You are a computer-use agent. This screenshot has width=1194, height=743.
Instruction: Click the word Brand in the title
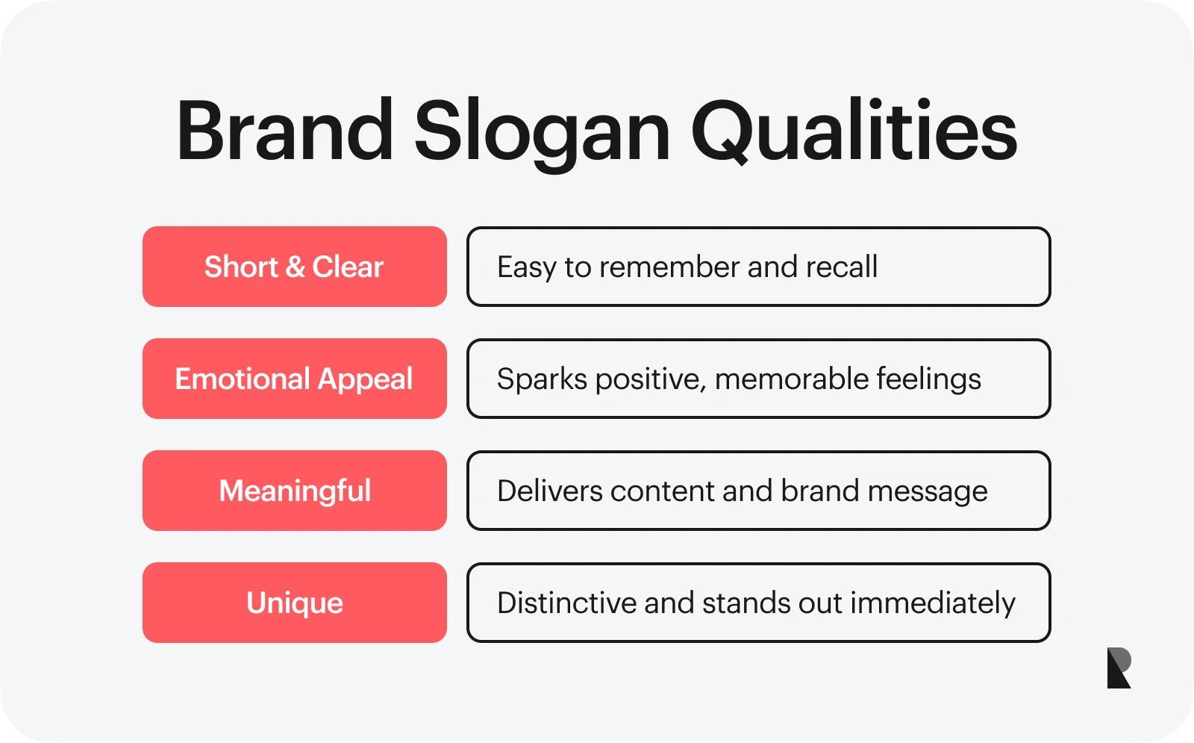pos(285,130)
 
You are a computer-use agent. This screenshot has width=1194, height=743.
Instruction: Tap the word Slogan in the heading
pos(542,134)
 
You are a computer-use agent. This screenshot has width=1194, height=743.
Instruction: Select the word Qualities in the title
pos(854,131)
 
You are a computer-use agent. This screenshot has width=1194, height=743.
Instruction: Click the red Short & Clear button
pos(295,267)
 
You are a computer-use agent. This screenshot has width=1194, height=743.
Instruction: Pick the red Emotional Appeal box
pos(295,379)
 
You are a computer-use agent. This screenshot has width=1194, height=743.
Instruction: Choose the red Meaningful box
pos(295,491)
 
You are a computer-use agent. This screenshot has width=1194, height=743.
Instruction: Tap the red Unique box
pos(295,603)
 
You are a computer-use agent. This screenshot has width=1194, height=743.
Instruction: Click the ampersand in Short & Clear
pos(296,267)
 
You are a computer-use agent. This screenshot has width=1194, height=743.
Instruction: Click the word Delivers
pos(549,491)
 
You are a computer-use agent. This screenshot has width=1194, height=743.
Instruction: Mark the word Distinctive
pos(566,603)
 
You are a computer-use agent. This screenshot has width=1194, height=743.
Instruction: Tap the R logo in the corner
pos(1119,668)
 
